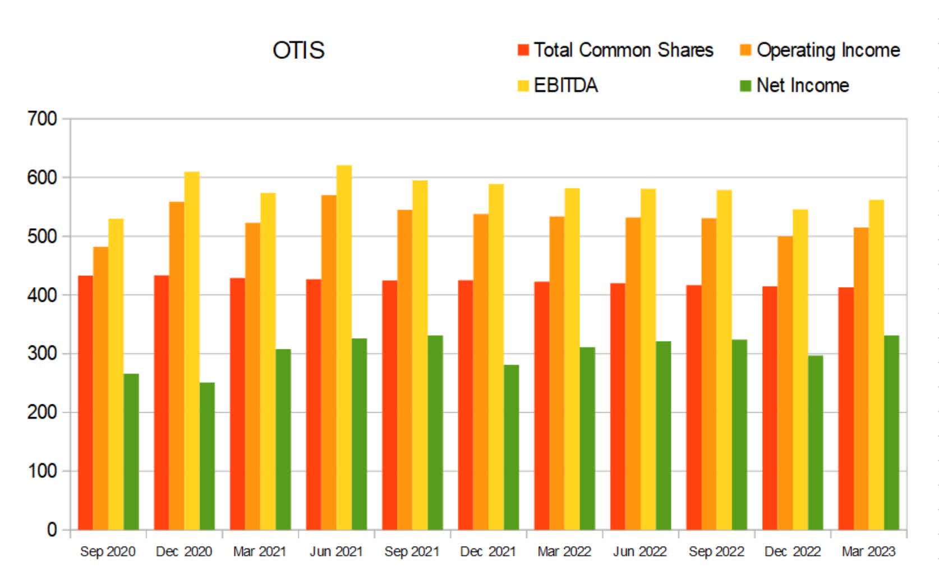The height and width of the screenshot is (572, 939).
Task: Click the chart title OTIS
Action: [x=298, y=50]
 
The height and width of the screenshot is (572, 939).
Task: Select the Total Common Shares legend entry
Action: [x=615, y=50]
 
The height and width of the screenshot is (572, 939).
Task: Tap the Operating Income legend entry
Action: [x=820, y=50]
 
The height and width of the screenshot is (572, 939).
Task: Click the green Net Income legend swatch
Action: [x=745, y=86]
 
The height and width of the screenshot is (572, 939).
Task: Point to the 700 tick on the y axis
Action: [x=43, y=119]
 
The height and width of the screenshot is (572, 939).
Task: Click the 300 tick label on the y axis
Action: [x=43, y=353]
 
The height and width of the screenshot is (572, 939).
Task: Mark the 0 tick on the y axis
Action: [x=52, y=529]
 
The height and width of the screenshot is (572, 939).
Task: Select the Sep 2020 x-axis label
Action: [x=108, y=552]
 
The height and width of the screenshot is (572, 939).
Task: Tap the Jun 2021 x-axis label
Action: [x=336, y=552]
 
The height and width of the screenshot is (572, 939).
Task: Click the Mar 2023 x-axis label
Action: [x=868, y=552]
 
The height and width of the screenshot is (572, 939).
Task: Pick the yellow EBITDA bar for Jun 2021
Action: [x=344, y=348]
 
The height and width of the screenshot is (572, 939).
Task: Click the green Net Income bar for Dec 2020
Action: [x=207, y=455]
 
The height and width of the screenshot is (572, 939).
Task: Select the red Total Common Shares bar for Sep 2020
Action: [x=85, y=403]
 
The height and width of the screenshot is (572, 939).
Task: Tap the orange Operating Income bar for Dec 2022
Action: [x=785, y=382]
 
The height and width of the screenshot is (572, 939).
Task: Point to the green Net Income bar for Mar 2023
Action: [x=891, y=432]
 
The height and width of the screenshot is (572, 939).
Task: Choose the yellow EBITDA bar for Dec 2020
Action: [x=192, y=350]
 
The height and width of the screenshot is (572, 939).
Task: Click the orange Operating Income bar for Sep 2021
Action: [x=404, y=370]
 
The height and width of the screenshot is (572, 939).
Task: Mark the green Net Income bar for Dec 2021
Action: [x=511, y=447]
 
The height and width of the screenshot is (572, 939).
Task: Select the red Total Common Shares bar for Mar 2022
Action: [x=541, y=405]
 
